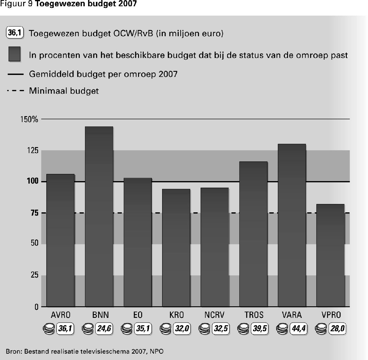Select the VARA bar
(292, 225)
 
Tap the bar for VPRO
(330, 255)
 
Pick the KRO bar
(176, 248)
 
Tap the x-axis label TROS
(254, 315)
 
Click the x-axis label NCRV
(214, 315)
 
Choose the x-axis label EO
(137, 315)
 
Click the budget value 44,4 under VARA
(299, 329)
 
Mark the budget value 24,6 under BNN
(104, 329)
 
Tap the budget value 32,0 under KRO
(182, 329)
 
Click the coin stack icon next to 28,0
(321, 328)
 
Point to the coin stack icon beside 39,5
(243, 328)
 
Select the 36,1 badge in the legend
(15, 33)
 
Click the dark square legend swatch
(14, 54)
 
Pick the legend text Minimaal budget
(64, 91)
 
